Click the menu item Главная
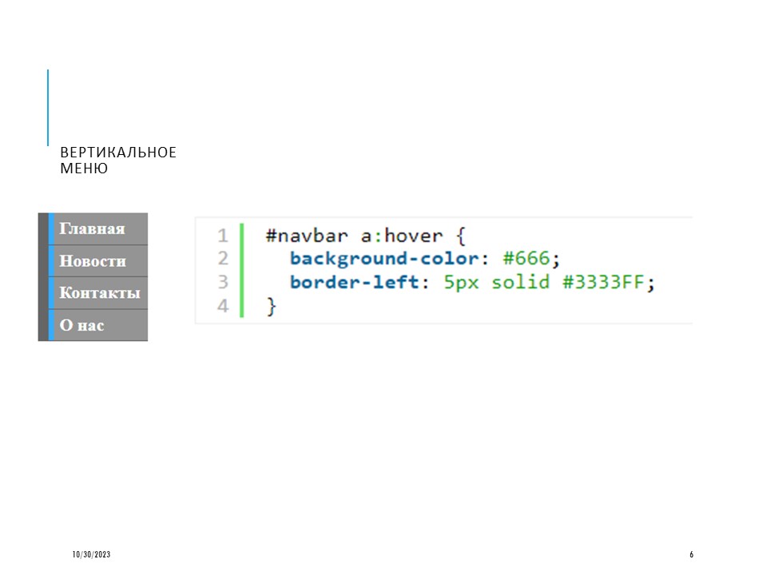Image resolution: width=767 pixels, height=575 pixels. [x=92, y=229]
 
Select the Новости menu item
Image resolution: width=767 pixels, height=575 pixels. [x=93, y=261]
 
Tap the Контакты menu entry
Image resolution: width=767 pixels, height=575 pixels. [x=100, y=293]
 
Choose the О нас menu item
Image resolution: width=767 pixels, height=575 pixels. [x=81, y=325]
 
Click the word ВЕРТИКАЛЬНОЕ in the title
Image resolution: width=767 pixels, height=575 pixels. [x=118, y=153]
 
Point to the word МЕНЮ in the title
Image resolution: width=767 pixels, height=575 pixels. [x=84, y=169]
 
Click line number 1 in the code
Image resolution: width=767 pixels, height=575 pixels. [x=223, y=236]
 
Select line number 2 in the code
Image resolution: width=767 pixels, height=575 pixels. [x=223, y=258]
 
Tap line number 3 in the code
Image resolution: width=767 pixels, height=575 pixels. [x=223, y=282]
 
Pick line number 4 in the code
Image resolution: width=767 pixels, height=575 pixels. [x=223, y=306]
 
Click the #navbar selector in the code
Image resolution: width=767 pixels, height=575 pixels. [x=307, y=236]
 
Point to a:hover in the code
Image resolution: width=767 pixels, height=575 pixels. [x=402, y=236]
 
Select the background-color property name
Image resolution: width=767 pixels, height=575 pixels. [x=384, y=258]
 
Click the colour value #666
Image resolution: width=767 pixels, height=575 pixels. [x=527, y=258]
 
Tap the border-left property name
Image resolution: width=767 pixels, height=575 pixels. [x=354, y=282]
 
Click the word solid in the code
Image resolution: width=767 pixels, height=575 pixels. [x=520, y=282]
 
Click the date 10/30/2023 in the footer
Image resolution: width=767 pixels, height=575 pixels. [x=91, y=554]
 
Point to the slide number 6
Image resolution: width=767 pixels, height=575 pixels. [x=691, y=554]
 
